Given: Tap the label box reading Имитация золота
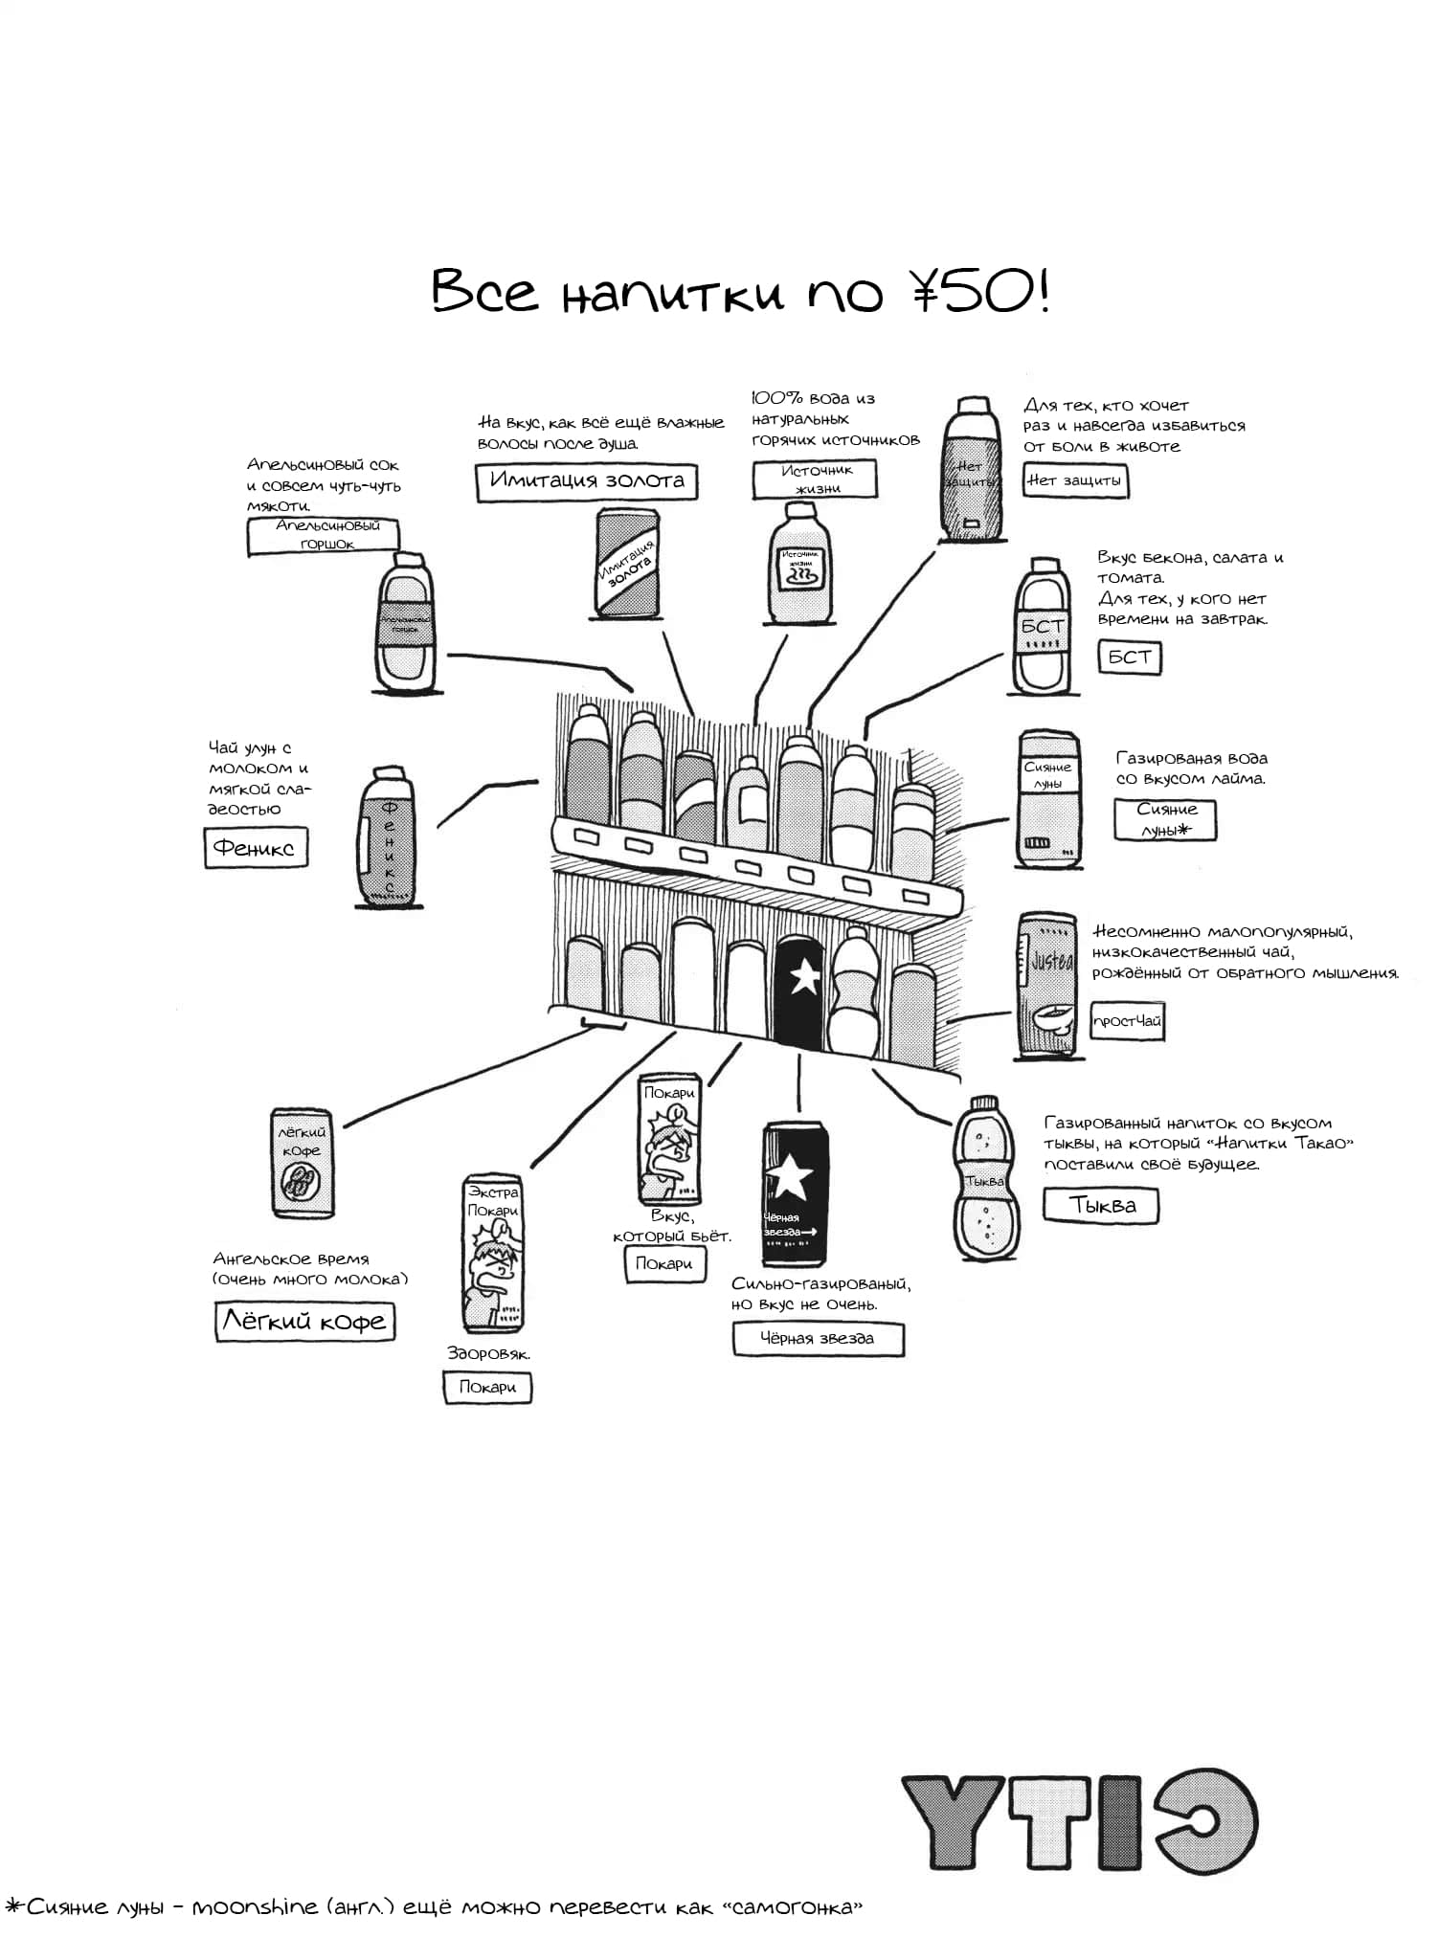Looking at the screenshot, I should point(586,480).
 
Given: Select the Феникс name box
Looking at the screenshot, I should point(256,848).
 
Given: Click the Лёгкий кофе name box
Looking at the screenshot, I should point(304,1322).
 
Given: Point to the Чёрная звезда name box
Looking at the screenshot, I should point(818,1338).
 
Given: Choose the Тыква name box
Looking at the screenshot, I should point(1100,1205).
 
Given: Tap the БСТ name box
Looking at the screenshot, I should point(1129,657).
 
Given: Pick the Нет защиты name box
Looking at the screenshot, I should point(1075,480).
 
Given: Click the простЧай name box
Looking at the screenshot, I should point(1127,1020).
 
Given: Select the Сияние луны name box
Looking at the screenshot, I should point(1165,820).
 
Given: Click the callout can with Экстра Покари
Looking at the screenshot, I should point(492,1254).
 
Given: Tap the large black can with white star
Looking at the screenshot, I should point(795,1192).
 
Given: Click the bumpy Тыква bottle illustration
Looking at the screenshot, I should point(984,1179).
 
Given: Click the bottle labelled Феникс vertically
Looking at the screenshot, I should point(388,837).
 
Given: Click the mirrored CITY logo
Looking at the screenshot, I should point(1079,1823).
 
